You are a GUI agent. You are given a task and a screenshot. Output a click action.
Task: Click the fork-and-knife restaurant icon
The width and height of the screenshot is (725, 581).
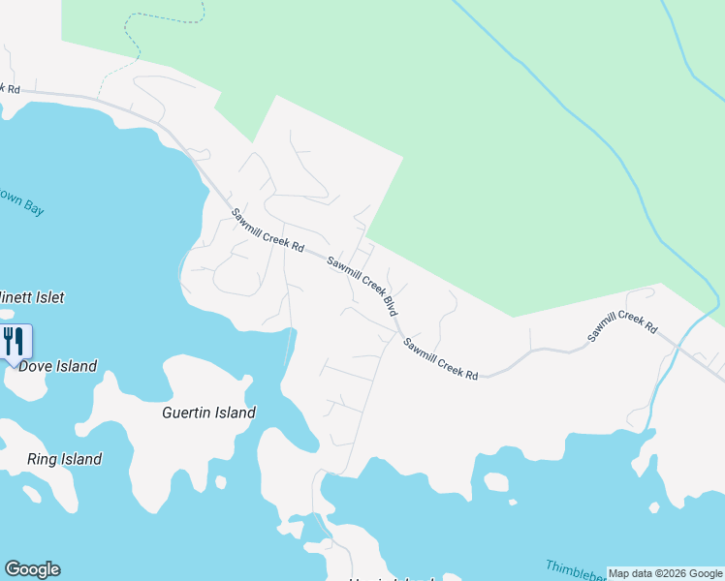[x=13, y=342]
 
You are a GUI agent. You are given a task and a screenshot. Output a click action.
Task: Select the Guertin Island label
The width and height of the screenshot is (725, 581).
[x=208, y=413]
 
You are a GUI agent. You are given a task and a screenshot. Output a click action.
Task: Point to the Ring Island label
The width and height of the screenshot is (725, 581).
[x=64, y=459]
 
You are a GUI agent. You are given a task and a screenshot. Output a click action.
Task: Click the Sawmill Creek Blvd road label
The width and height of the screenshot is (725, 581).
[x=362, y=286]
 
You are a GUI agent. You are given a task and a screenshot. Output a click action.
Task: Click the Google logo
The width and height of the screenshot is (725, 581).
[x=32, y=569]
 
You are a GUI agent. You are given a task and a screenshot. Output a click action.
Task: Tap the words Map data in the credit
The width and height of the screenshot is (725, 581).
[x=630, y=573]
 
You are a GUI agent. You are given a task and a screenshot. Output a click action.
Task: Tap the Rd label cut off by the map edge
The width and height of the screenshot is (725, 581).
[x=11, y=88]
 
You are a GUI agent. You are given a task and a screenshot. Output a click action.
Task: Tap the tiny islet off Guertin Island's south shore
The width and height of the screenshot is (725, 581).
[x=220, y=480]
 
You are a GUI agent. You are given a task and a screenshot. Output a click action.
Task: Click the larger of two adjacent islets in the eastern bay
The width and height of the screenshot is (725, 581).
[x=494, y=481]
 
